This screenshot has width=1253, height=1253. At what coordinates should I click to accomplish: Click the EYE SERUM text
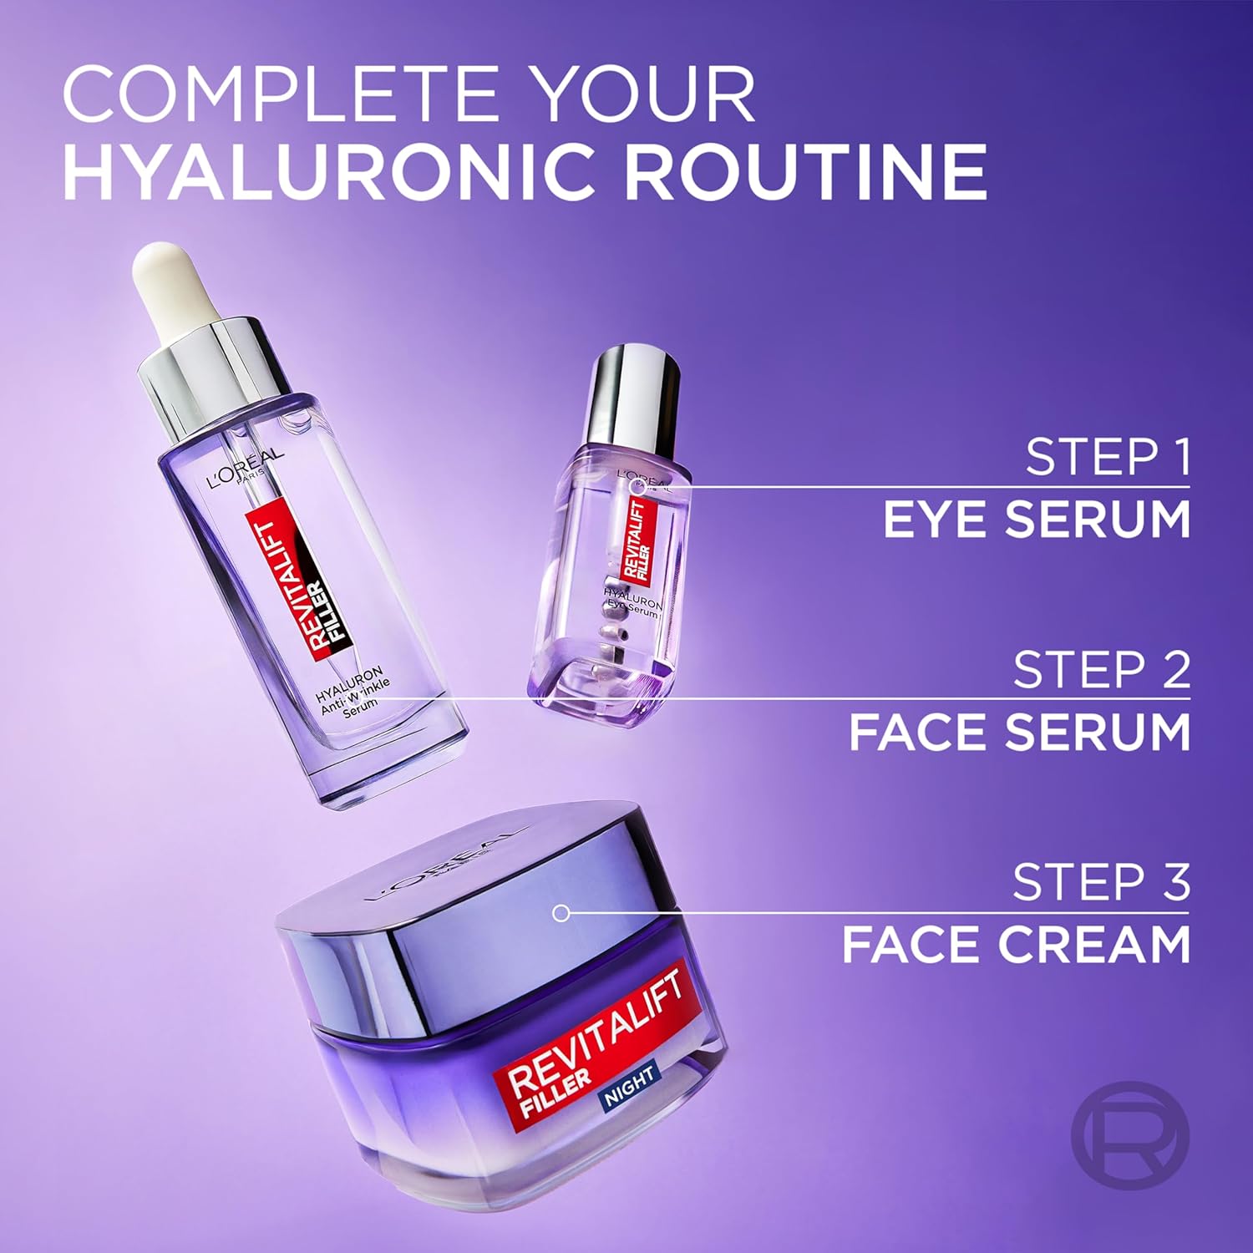point(1036,519)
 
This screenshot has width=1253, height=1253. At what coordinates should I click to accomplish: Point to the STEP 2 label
point(1101,670)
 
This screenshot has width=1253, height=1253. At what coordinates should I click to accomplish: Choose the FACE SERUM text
point(1019,732)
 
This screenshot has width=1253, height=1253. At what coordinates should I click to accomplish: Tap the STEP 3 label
point(1101,882)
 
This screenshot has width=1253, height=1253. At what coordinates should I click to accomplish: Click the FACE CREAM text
point(1016,945)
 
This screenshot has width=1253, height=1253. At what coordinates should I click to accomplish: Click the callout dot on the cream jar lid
point(561,913)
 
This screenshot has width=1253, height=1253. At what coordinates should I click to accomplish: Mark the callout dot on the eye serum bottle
point(637,486)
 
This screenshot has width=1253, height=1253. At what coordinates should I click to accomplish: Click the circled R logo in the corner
point(1129,1135)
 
